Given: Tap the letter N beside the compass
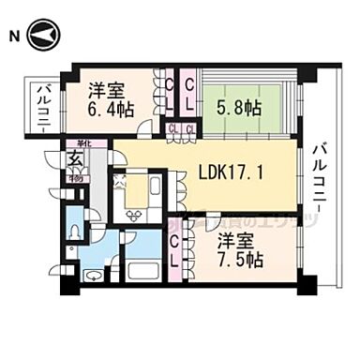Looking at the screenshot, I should pyautogui.click(x=13, y=37).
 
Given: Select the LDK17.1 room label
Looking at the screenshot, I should pyautogui.click(x=232, y=172).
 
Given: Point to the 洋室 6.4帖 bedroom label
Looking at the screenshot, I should pyautogui.click(x=111, y=99).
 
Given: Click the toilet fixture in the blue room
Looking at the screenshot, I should pyautogui.click(x=75, y=231).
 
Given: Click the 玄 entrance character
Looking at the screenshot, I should pyautogui.click(x=73, y=160).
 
